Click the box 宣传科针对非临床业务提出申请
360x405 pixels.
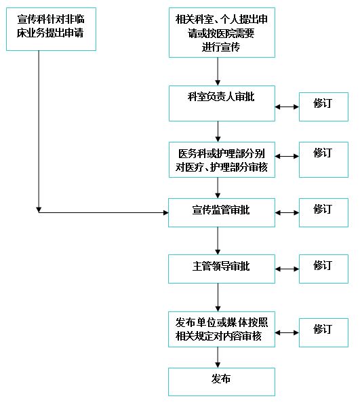pyautogui.click(x=51, y=29)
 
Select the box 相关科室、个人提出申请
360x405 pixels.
pyautogui.click(x=222, y=33)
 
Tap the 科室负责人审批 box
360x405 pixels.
pyautogui.click(x=222, y=103)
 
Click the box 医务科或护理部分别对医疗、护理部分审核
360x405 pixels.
pyautogui.click(x=222, y=159)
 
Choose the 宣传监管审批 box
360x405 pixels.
pyautogui.click(x=222, y=212)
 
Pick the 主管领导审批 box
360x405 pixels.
pyautogui.click(x=222, y=269)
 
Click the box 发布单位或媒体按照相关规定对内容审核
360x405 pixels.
pyautogui.click(x=222, y=329)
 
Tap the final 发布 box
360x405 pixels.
pyautogui.click(x=222, y=382)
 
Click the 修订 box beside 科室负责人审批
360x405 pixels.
pyautogui.click(x=323, y=107)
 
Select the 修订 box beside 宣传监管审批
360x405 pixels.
pyautogui.click(x=323, y=212)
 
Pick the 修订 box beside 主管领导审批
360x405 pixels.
pyautogui.click(x=323, y=269)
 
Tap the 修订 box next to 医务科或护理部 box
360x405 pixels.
pyautogui.click(x=323, y=159)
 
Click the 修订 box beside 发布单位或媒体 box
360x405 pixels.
pyautogui.click(x=323, y=332)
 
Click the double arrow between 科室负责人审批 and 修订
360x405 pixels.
pyautogui.click(x=287, y=107)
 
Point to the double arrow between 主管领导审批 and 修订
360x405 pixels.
pyautogui.click(x=287, y=269)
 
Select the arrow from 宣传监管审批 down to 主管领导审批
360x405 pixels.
pyautogui.click(x=218, y=241)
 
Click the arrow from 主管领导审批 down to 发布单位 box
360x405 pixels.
pyautogui.click(x=218, y=298)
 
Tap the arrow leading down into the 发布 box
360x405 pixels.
pyautogui.click(x=218, y=358)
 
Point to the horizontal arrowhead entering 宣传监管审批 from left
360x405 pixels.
pyautogui.click(x=166, y=212)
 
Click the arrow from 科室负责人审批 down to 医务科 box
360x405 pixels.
pyautogui.click(x=218, y=132)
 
